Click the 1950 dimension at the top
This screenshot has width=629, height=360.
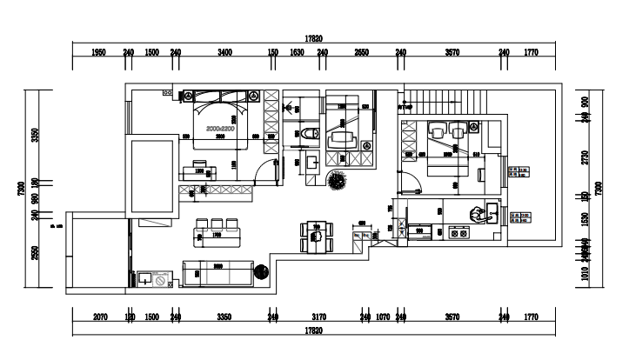[98, 53]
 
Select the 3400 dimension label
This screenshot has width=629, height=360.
[224, 53]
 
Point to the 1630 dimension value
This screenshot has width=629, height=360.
[296, 53]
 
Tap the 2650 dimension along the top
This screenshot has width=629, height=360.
[362, 53]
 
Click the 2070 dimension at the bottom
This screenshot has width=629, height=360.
[100, 318]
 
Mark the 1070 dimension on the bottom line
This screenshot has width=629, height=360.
[383, 318]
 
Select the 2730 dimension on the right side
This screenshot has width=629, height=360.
[586, 157]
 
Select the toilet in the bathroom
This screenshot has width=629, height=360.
[312, 133]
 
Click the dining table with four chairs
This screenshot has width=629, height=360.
[317, 235]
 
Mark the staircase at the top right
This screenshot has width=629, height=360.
[452, 101]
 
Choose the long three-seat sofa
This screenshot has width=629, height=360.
[217, 273]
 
